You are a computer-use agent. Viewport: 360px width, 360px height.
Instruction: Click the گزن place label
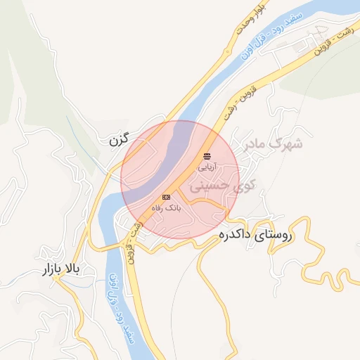[x=121, y=141]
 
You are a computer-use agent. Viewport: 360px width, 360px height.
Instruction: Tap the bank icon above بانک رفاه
[x=166, y=197]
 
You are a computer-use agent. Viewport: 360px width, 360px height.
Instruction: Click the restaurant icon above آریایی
[x=207, y=156]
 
